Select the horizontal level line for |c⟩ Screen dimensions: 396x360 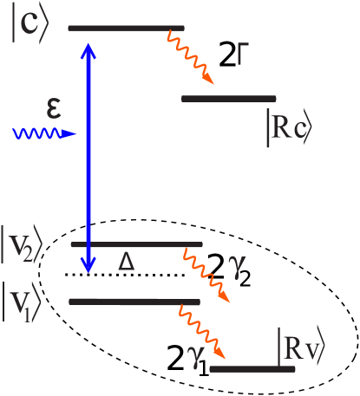click(x=126, y=28)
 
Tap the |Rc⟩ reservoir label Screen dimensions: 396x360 click(x=287, y=127)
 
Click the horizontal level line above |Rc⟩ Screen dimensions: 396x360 click(x=228, y=99)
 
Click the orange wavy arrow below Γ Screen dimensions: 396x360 click(x=190, y=56)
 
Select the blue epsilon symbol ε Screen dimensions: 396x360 click(x=55, y=110)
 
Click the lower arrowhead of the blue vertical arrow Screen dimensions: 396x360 click(x=87, y=264)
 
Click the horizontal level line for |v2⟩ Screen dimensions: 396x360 click(x=136, y=244)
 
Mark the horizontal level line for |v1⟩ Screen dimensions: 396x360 click(x=134, y=302)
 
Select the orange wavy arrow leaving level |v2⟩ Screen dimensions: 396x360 click(x=207, y=275)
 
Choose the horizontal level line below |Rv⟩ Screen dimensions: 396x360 click(x=252, y=369)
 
